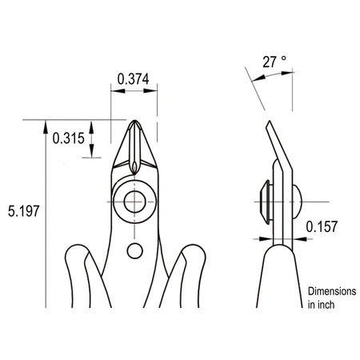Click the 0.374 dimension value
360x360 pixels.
(133, 79)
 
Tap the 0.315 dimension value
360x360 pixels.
(69, 138)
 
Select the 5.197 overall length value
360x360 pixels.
(24, 211)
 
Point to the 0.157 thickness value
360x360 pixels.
(322, 226)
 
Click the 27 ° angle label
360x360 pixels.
(274, 62)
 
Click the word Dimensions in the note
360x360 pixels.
(332, 291)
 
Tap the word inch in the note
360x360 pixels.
(326, 305)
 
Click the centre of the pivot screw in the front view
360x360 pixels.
(134, 202)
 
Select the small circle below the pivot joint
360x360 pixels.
(134, 251)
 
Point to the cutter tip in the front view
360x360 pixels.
(135, 122)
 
